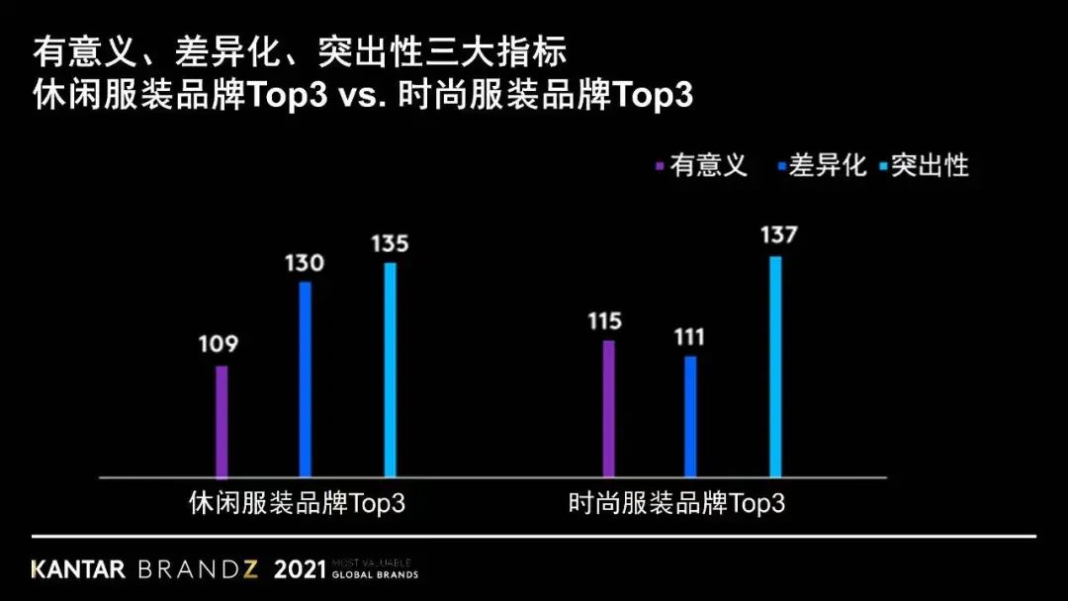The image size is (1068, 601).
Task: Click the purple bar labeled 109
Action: click(x=222, y=422)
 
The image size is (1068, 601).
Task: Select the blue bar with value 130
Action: click(x=306, y=380)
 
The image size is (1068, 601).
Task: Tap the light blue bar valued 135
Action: click(x=390, y=370)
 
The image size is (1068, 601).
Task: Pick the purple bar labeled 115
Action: click(x=608, y=409)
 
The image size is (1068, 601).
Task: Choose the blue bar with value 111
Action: click(x=690, y=416)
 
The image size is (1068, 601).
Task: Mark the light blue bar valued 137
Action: click(x=774, y=367)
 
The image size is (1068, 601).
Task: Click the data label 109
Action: click(x=219, y=345)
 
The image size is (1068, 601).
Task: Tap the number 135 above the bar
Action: click(x=390, y=243)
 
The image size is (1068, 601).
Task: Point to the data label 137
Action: click(x=778, y=236)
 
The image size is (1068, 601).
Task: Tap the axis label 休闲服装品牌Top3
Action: click(x=297, y=502)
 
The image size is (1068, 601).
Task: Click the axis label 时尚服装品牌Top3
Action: click(x=677, y=502)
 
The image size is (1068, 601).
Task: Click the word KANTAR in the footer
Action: click(x=78, y=570)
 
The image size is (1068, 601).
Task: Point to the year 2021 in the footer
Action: click(x=300, y=570)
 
